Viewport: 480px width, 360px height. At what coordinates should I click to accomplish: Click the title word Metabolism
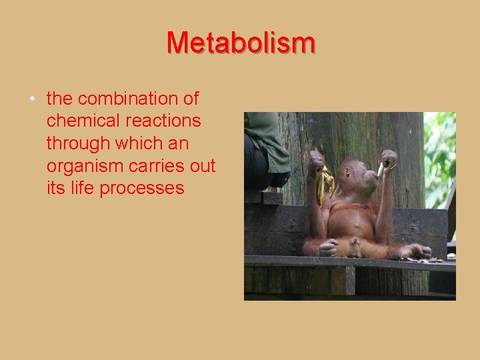(x=240, y=43)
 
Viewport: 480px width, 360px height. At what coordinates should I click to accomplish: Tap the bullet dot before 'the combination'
(x=33, y=100)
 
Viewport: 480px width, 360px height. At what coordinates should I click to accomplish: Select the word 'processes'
(x=141, y=189)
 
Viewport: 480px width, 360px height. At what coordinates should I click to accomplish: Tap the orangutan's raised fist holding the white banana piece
(x=388, y=159)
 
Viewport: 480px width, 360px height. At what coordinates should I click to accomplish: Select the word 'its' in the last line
(x=55, y=188)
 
